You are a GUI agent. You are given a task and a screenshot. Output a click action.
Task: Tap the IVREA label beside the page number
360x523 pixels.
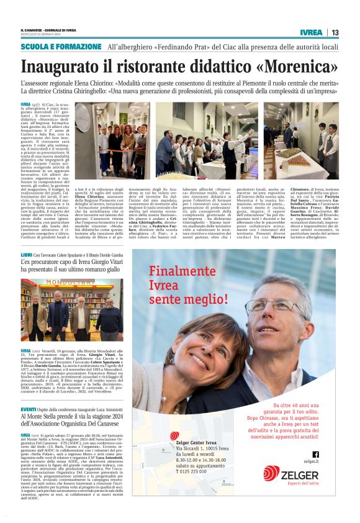(x=311, y=32)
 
